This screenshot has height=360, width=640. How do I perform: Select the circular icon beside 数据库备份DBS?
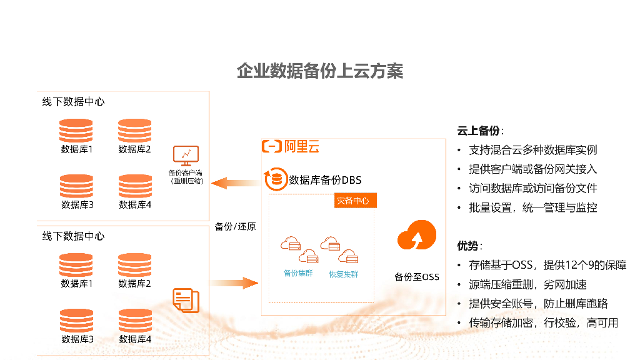[x=275, y=179]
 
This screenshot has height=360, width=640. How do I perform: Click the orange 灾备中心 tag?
[x=352, y=201]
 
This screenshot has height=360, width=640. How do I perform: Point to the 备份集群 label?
[x=298, y=273]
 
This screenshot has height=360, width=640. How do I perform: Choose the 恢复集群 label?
[x=343, y=274]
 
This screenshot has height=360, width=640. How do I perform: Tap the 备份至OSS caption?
[x=417, y=276]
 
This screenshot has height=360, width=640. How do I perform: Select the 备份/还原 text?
[x=235, y=226]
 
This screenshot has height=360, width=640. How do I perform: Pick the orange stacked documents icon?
[x=186, y=300]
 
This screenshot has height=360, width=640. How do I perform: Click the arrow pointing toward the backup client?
[x=235, y=183]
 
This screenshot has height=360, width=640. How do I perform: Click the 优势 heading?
[x=469, y=246]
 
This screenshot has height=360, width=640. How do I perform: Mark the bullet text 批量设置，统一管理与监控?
[x=532, y=207]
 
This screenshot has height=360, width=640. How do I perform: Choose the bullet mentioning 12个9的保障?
[x=547, y=265]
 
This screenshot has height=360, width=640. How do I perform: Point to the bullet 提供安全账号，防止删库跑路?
[x=538, y=304]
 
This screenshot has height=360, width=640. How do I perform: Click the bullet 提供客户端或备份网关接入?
[x=532, y=169]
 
